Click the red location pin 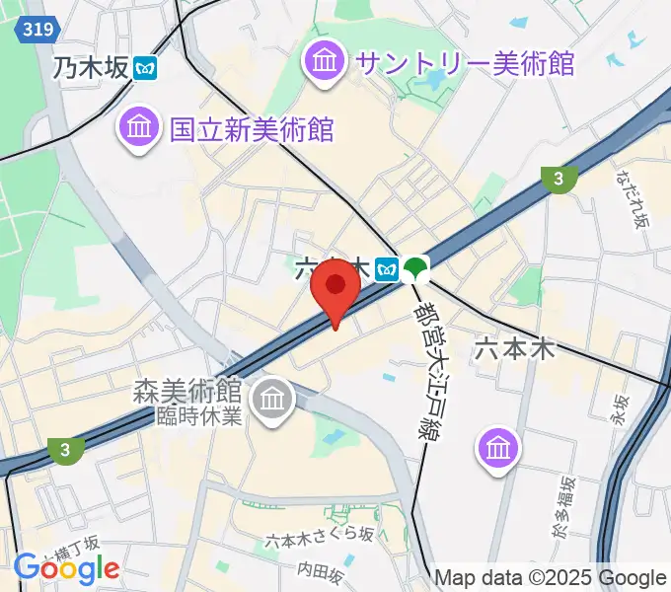(x=335, y=288)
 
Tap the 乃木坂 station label (x=91, y=68)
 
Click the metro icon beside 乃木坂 (x=147, y=68)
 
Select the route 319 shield (x=32, y=32)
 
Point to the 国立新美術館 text (x=252, y=128)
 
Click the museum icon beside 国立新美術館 (x=138, y=128)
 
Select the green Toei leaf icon (x=417, y=266)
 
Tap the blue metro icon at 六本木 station (x=388, y=266)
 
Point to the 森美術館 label (x=187, y=392)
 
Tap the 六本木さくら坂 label (x=319, y=535)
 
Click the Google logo (x=66, y=568)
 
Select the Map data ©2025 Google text (x=550, y=578)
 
